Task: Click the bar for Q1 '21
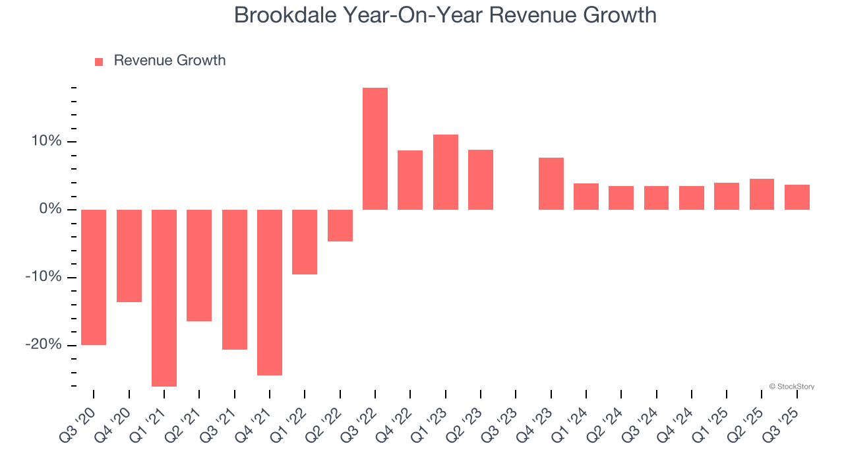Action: click(x=164, y=298)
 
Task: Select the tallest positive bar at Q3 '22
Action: click(x=375, y=148)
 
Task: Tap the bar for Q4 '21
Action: click(x=270, y=292)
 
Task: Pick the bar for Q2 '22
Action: click(x=340, y=226)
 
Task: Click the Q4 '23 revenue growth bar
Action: click(x=551, y=183)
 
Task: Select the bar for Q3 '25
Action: click(x=797, y=197)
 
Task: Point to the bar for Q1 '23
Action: click(x=446, y=172)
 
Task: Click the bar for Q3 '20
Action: click(x=94, y=277)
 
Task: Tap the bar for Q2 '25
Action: click(x=762, y=194)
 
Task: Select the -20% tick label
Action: click(x=44, y=345)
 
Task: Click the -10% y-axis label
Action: click(x=44, y=277)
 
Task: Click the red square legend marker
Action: click(x=99, y=62)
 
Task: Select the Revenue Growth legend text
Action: click(x=169, y=61)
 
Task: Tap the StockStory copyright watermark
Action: click(x=791, y=387)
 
